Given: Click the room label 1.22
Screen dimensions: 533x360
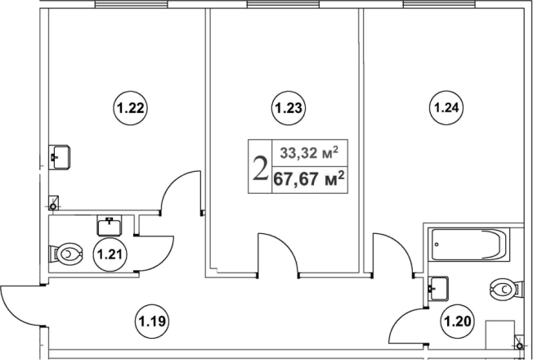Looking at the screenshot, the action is (130, 109).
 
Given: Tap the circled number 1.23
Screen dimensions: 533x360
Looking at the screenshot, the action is (289, 109).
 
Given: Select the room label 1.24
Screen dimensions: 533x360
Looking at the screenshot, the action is (446, 108).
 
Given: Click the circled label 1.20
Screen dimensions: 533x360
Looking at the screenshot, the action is (458, 321).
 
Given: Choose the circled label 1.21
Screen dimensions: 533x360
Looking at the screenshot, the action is (110, 254).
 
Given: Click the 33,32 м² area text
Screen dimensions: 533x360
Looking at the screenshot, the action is (309, 153).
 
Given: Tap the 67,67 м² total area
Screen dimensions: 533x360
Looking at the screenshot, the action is (309, 178).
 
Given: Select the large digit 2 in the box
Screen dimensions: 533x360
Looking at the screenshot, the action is (260, 168).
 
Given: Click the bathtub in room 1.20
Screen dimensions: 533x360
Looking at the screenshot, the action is (468, 245).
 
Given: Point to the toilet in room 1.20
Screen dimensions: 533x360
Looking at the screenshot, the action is (504, 290).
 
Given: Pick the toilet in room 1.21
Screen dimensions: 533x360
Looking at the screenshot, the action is (65, 254).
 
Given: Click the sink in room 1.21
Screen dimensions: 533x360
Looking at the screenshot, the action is (110, 225).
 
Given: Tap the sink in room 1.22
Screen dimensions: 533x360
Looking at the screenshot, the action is (60, 157).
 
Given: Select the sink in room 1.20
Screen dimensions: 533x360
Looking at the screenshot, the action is (438, 289).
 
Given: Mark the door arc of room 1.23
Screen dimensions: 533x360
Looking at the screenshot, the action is (278, 254).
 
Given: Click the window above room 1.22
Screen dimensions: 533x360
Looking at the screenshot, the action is (132, 4).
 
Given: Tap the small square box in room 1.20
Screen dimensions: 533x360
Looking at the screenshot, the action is (500, 335).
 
